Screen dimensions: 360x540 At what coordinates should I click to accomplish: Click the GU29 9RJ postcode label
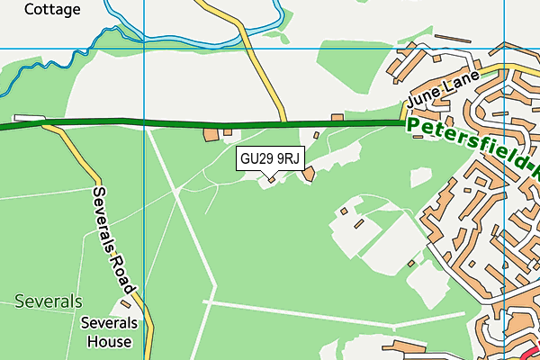[270, 158]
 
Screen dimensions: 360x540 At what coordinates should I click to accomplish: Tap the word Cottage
[52, 10]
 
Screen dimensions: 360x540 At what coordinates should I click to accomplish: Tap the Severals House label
[110, 332]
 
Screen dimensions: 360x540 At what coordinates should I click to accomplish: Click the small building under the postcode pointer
[270, 181]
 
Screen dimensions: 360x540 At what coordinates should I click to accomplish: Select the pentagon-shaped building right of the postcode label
[309, 174]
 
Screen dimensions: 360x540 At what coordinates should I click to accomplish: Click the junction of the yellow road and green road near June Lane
[284, 121]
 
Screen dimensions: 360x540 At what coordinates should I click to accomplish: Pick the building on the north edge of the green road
[337, 117]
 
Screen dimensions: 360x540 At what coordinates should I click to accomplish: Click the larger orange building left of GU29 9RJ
[211, 135]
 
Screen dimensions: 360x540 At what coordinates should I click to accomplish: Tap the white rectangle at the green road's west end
[29, 118]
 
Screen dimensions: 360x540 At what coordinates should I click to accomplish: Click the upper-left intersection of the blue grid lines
[145, 48]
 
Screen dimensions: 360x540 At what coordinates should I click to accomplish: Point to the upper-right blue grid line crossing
[505, 48]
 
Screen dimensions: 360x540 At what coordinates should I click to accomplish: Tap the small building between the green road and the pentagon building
[316, 135]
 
